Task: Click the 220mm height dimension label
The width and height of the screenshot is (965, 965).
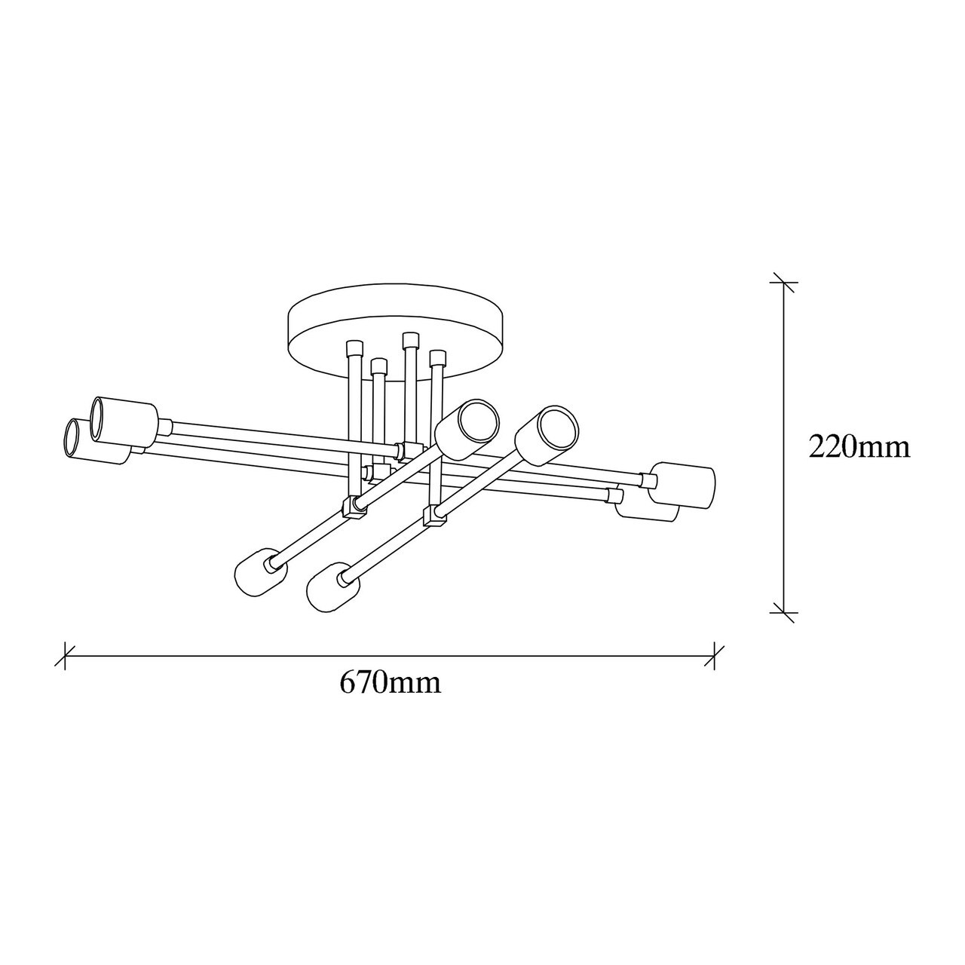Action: (859, 447)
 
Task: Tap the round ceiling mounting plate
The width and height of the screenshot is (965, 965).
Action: (394, 330)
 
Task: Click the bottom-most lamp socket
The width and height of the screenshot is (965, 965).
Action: (332, 593)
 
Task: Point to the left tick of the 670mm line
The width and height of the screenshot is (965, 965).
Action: (65, 656)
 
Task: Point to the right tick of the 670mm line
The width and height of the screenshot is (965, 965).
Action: (714, 656)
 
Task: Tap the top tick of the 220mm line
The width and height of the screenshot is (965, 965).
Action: (783, 283)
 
